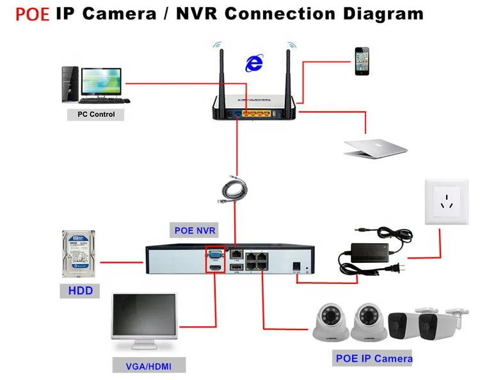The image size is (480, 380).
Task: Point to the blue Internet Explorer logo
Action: (x=254, y=62)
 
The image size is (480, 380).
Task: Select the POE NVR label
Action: (x=195, y=230)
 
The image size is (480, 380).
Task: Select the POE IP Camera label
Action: (x=374, y=358)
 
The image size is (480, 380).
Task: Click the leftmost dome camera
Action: (x=332, y=323)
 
